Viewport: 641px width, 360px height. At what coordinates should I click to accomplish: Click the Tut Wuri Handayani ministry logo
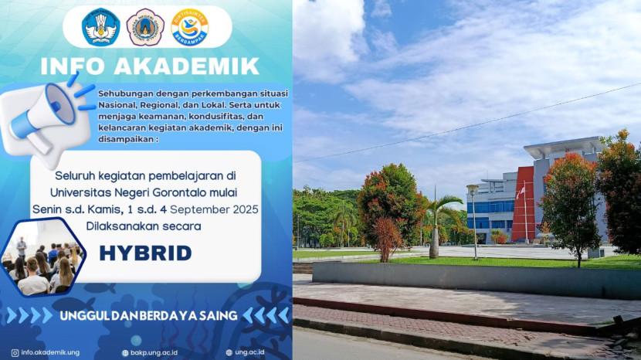[x=100, y=27]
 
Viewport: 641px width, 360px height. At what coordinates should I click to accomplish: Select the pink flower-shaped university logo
[x=145, y=27]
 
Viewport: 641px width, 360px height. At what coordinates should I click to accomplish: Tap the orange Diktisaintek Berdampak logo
[x=190, y=27]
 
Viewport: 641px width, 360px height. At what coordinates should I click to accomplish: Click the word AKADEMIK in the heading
[x=186, y=66]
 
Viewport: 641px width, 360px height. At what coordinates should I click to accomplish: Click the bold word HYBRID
[x=145, y=253]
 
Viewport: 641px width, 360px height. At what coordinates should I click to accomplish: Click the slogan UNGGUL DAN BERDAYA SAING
[x=148, y=315]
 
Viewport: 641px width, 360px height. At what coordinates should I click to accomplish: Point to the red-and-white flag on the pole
[x=521, y=192]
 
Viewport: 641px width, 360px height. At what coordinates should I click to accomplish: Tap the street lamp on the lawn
[x=473, y=222]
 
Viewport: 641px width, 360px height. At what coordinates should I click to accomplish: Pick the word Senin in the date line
[x=45, y=209]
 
